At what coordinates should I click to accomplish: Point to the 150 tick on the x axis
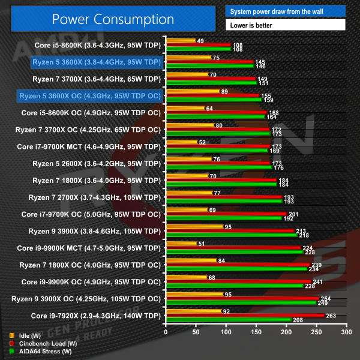click(x=255, y=331)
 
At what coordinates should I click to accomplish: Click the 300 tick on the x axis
click(x=345, y=331)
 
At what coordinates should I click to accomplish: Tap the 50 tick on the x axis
click(x=195, y=331)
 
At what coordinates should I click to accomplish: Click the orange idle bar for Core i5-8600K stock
click(x=180, y=41)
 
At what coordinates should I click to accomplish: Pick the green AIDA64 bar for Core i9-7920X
click(x=228, y=320)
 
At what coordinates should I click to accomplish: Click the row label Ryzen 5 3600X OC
click(x=90, y=95)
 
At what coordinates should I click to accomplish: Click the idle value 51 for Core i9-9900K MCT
click(x=202, y=244)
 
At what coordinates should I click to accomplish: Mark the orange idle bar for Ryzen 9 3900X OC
click(x=193, y=294)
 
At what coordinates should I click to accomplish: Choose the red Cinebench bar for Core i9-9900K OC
click(x=238, y=281)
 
